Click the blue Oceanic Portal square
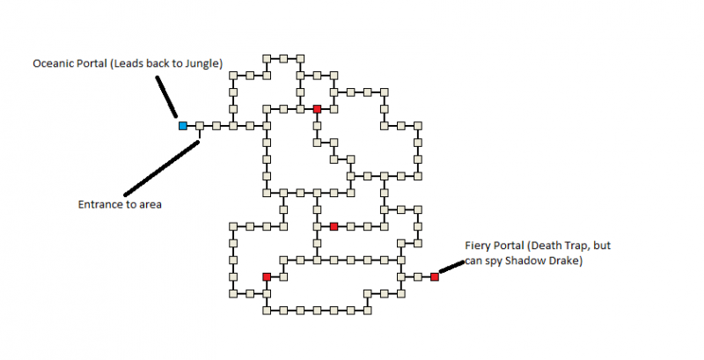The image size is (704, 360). [x=183, y=126]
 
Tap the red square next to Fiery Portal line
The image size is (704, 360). [x=435, y=276]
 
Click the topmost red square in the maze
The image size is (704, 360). [x=317, y=109]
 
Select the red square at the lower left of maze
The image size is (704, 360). [x=267, y=276]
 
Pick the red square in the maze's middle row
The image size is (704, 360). [x=334, y=226]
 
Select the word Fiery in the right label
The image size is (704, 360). [x=477, y=246]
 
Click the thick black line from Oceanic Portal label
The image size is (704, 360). [x=166, y=96]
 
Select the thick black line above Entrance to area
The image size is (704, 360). [x=163, y=168]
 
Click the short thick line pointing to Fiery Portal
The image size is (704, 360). [x=451, y=265]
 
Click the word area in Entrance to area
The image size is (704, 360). [x=153, y=205]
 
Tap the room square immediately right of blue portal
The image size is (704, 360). [x=200, y=126]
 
